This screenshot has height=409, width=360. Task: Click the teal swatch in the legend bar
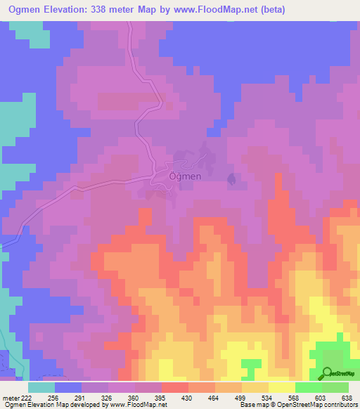[41, 387]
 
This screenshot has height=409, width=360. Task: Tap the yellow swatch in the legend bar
[281, 387]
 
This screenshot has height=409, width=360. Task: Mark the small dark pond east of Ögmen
[231, 180]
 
